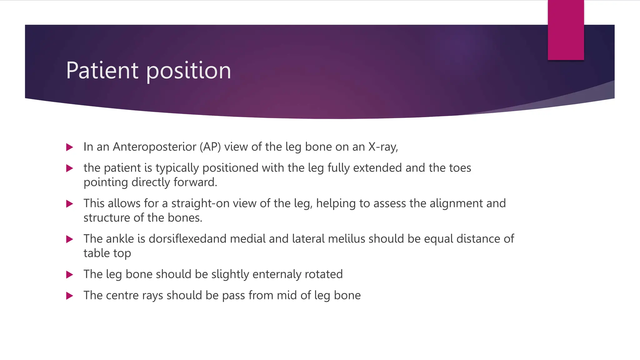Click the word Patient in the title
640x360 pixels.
(x=102, y=71)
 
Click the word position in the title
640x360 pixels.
(x=188, y=71)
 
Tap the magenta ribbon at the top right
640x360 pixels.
(x=566, y=30)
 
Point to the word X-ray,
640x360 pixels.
(x=383, y=147)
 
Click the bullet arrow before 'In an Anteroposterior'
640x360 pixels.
(x=70, y=147)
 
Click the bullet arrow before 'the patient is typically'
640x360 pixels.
(x=70, y=168)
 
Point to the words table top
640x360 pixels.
(x=107, y=253)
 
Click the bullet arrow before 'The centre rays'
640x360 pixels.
(x=70, y=296)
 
